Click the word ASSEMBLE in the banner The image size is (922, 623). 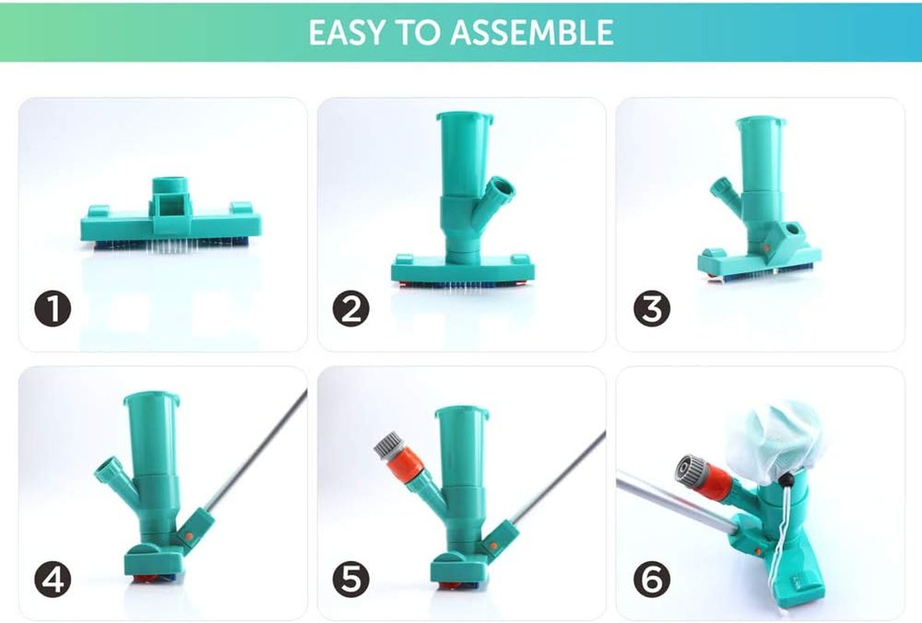point(532,33)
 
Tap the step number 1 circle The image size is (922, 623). point(52,309)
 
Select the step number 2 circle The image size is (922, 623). point(351,309)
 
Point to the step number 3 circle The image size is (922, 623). point(651,309)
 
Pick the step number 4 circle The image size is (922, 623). point(52,579)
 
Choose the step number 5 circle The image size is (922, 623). point(351,579)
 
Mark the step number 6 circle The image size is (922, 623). point(651,579)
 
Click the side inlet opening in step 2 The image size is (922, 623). point(503,189)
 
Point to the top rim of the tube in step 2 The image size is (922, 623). point(465,117)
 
